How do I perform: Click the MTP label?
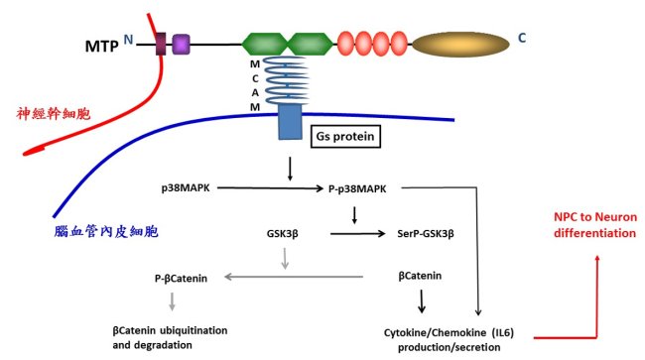pos(101,46)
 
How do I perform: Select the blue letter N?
pos(128,40)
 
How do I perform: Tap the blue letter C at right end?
pos(522,39)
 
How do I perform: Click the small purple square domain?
pos(181,45)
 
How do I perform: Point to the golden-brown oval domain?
pos(460,45)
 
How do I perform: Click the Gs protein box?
pos(345,137)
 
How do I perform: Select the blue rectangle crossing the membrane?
pos(290,122)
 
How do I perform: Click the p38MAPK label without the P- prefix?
pos(186,188)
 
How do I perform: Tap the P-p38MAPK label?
pos(357,189)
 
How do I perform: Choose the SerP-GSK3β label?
pos(426,234)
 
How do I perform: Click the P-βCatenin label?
pos(181,279)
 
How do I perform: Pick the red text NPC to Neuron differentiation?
pos(594,225)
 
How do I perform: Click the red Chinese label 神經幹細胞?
pos(54,113)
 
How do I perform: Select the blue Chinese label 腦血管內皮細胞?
pos(106,232)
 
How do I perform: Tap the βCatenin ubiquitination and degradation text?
pos(170,337)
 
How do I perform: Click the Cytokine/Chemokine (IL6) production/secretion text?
pos(449,340)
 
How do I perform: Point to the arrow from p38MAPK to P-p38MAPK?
pos(270,188)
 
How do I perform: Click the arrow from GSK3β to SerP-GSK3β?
pos(357,234)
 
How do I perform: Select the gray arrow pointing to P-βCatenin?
pos(294,277)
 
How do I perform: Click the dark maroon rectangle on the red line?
pos(161,44)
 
